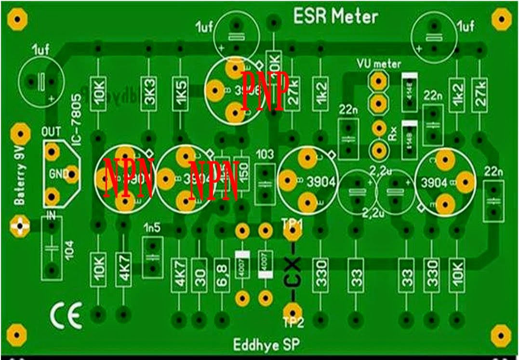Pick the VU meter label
coord(379,63)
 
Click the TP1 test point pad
coord(290,234)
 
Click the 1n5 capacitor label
coord(152,228)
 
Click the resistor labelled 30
coord(200,276)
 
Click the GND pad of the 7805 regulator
coord(72,174)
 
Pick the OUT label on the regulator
coord(52,132)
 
